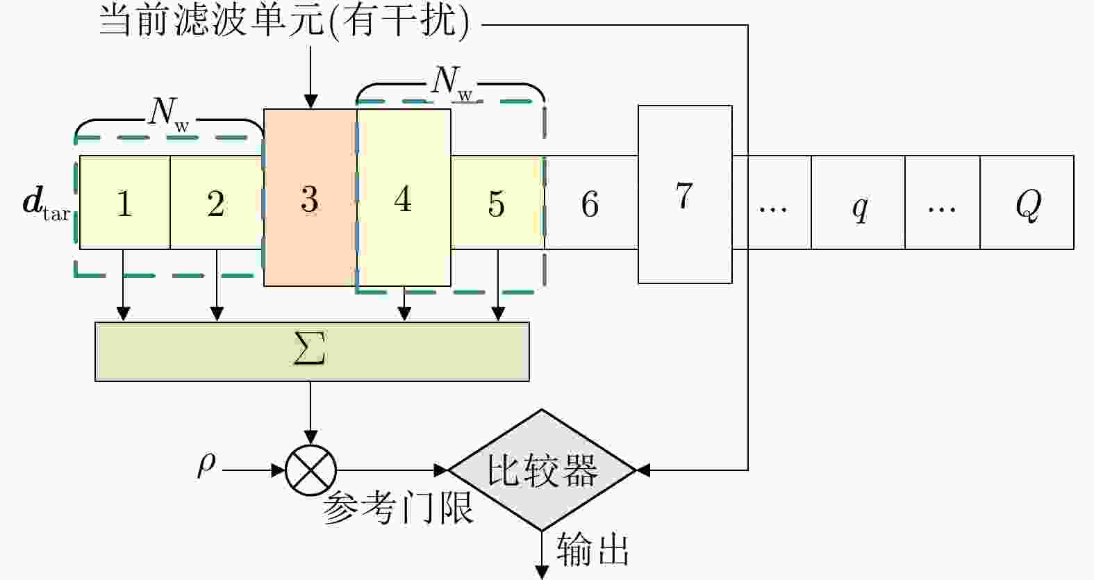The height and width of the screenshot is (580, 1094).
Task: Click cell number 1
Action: (x=125, y=203)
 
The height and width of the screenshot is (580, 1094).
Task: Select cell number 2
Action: (x=217, y=203)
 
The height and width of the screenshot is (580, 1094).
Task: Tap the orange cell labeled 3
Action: (x=310, y=198)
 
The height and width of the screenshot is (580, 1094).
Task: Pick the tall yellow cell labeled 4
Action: (x=404, y=198)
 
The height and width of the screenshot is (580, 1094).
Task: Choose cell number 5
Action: (x=497, y=203)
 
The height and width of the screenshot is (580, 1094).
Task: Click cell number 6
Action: (x=591, y=203)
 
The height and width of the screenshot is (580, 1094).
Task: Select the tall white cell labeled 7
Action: (x=685, y=194)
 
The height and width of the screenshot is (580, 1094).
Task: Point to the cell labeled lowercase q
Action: (x=858, y=203)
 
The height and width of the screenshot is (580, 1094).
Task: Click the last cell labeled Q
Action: (x=1027, y=203)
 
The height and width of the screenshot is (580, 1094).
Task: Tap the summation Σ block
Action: (x=312, y=351)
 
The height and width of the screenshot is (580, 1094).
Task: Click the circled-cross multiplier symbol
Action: (x=310, y=471)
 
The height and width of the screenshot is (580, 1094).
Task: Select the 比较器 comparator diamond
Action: (x=542, y=470)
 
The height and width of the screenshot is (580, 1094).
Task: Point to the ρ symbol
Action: (x=206, y=464)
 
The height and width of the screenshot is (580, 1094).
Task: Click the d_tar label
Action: (x=47, y=204)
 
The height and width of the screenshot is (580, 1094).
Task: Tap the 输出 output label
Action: (x=593, y=549)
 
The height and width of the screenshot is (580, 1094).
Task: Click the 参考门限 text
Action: (x=398, y=508)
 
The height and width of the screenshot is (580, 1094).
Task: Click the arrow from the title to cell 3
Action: (x=310, y=77)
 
